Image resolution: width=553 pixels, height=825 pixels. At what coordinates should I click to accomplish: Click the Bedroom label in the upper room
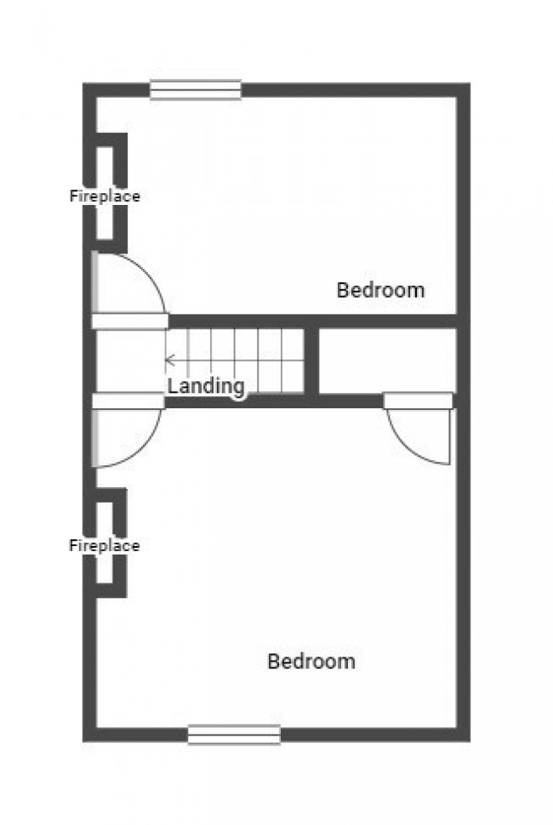380,290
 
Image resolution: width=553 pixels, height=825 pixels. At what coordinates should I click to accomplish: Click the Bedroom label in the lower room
311,662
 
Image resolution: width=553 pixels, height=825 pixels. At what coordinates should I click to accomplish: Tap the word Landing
206,386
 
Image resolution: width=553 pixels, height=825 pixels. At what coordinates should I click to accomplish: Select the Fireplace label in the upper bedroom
105,196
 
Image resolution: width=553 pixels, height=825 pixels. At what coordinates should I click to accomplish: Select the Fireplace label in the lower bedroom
105,546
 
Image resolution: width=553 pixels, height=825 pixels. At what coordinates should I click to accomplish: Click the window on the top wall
196,90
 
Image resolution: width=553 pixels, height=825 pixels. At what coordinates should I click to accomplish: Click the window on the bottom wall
234,734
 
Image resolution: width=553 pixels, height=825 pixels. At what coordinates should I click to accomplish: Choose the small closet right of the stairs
387,361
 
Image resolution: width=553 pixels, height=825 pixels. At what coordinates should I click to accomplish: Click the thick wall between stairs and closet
311,361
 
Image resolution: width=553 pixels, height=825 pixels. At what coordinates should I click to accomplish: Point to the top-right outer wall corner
464,89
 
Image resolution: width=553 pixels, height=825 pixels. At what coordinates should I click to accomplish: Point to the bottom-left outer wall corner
89,735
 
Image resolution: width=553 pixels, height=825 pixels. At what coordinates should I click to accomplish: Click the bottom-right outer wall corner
464,735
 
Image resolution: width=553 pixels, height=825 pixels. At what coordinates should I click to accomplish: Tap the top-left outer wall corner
89,89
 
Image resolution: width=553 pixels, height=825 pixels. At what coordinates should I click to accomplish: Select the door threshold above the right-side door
418,401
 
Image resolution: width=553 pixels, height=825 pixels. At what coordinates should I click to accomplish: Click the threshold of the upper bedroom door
130,321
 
